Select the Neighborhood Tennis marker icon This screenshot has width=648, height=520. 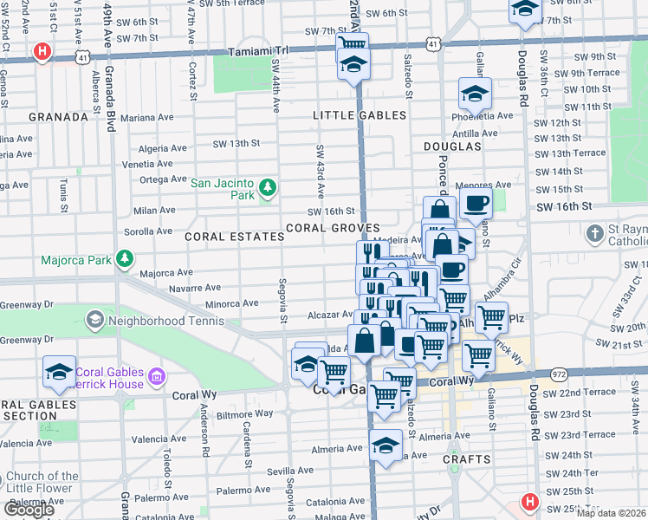pos(94,321)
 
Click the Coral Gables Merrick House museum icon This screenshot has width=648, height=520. pos(156,376)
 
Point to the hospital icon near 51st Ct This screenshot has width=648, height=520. pos(41,53)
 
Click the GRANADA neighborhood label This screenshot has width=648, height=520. pos(58,117)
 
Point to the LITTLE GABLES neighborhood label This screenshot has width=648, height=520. pos(360,115)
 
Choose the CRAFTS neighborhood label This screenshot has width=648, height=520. pos(467,459)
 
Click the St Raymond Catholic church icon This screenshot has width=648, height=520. pos(594,234)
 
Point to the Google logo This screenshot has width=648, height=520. pos(29,510)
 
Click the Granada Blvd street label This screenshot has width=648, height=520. pos(110,105)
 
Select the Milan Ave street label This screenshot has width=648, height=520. pos(154,210)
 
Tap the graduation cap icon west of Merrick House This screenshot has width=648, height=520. pos(59,372)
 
